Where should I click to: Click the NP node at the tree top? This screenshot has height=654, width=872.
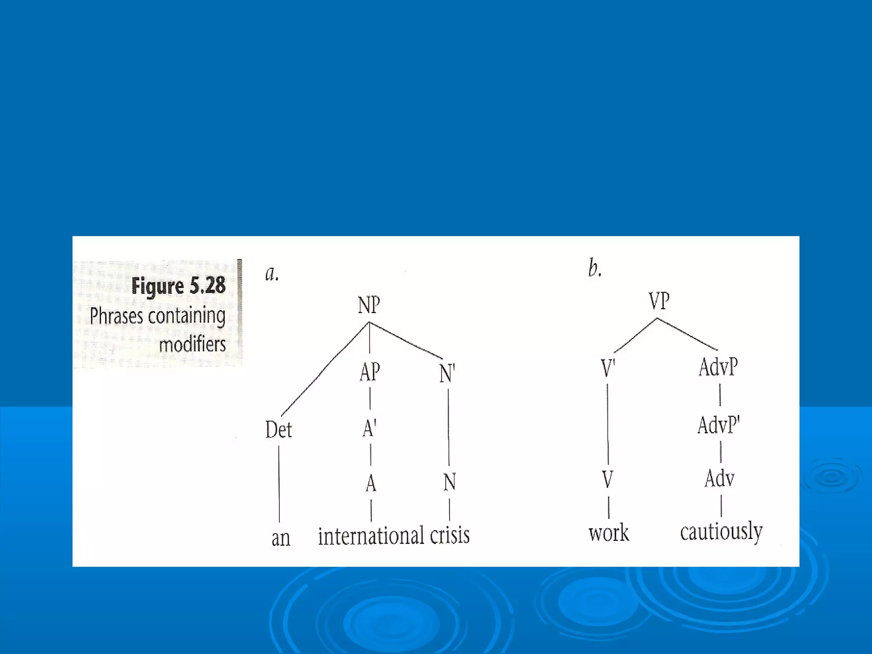[x=369, y=305]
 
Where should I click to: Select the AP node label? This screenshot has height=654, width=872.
[x=370, y=372]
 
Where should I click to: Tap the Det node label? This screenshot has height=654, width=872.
[x=278, y=429]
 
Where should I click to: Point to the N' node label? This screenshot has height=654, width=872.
[x=447, y=373]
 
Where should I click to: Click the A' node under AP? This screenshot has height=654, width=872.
[x=370, y=428]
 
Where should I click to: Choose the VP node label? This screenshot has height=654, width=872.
[x=659, y=301]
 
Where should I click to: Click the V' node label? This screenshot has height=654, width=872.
[x=608, y=368]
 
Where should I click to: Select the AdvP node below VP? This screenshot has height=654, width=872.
[x=718, y=367]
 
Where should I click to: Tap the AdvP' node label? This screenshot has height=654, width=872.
[x=719, y=425]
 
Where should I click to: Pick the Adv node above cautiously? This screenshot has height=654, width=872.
[x=720, y=478]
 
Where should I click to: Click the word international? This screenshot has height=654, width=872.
[x=371, y=536]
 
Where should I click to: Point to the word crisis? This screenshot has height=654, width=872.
[x=450, y=535]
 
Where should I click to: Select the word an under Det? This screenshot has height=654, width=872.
[x=281, y=538]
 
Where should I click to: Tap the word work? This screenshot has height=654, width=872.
[x=608, y=533]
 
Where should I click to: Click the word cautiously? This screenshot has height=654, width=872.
[x=721, y=532]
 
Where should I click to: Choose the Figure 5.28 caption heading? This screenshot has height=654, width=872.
[x=178, y=286]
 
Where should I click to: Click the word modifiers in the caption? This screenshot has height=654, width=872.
[x=192, y=344]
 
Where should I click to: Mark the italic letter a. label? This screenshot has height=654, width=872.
[x=272, y=273]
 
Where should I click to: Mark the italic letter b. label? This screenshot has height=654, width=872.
[x=594, y=268]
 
